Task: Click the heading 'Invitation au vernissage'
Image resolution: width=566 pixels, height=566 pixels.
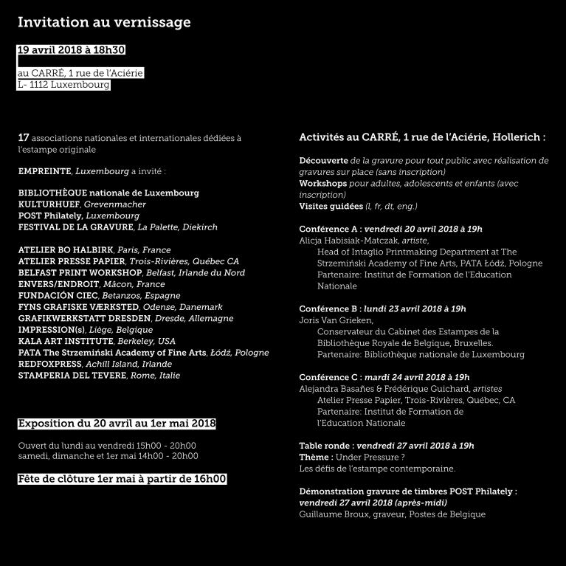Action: click(104, 22)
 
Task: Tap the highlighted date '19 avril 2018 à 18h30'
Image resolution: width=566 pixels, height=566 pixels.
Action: click(72, 50)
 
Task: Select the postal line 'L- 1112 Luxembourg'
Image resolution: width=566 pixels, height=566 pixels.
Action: click(63, 85)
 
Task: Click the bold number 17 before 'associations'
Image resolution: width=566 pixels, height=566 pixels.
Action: click(24, 138)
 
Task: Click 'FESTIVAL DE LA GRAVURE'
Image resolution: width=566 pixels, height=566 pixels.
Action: click(75, 227)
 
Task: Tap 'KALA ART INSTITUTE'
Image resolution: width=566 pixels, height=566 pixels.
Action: click(66, 342)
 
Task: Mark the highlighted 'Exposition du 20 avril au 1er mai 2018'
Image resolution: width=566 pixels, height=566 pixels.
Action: click(117, 424)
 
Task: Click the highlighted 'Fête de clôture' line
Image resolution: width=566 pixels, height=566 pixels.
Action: click(122, 479)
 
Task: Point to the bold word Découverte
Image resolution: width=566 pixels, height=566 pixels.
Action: click(324, 160)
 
